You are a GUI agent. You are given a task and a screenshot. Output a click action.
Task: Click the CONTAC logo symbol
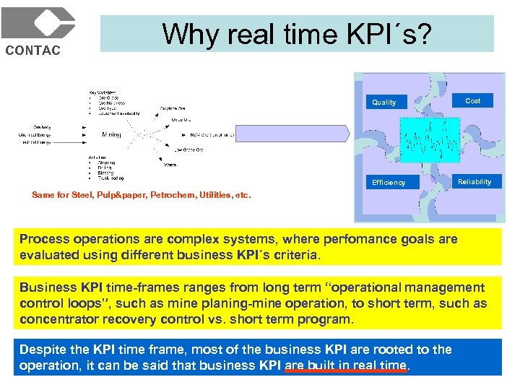coord(38,23)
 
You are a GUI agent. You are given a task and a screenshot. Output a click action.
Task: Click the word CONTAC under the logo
coord(33,51)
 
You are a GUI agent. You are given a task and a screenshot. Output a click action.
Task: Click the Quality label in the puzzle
coord(383,103)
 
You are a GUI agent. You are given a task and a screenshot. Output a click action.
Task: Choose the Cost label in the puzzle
coord(472,101)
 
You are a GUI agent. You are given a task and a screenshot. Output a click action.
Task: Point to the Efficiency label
coord(389,183)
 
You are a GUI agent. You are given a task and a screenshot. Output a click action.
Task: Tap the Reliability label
coord(474,182)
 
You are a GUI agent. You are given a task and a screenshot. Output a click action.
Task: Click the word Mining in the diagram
coord(111,134)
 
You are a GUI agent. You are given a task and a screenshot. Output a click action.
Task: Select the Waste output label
coord(170,165)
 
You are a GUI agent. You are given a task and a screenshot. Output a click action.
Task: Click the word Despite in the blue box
coord(43,350)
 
